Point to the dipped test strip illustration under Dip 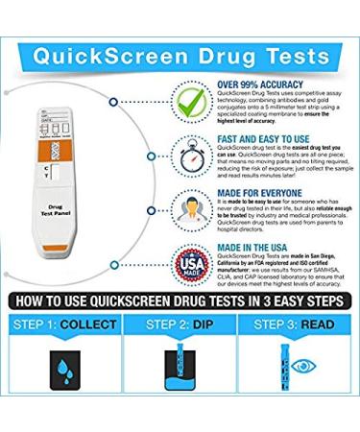coord(180,389)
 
